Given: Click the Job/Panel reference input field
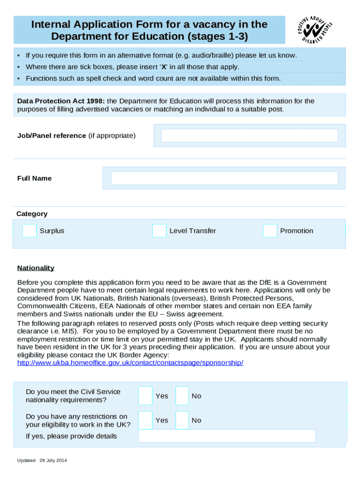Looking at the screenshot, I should (249, 136).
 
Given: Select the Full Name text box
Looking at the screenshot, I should (224, 178).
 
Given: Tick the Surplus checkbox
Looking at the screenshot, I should (29, 231).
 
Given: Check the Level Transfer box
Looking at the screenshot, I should (159, 231).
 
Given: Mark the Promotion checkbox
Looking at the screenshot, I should (270, 231).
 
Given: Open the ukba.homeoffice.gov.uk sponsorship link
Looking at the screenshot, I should (130, 363).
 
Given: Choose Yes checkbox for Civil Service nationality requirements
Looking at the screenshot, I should (145, 396).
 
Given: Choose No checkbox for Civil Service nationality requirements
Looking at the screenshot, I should (182, 396).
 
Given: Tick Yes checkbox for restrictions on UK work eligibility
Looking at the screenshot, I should (145, 420).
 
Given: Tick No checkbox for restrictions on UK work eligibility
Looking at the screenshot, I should (182, 420).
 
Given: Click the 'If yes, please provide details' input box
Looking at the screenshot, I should (227, 436).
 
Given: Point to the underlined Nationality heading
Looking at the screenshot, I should (36, 268).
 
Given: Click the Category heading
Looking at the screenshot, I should (32, 214).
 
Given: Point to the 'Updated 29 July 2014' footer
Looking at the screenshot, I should (42, 461).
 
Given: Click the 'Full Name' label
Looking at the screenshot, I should (34, 178).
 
